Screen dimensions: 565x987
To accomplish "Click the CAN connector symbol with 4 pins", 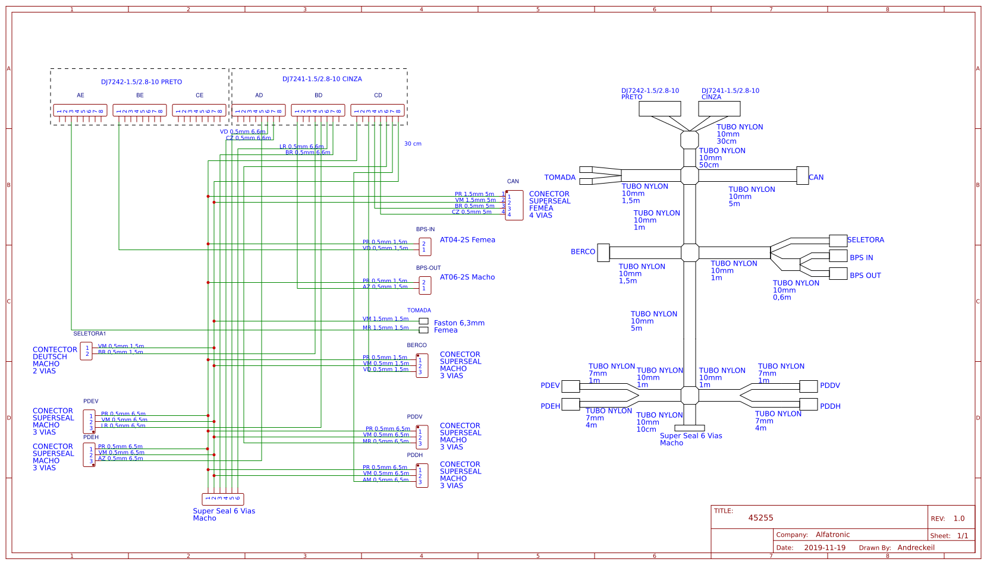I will coord(514,206).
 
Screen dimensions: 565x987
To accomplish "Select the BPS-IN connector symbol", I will coord(425,247).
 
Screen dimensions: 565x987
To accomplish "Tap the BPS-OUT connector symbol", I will coord(425,286).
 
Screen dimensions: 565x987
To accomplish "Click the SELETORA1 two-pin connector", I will coord(86,351).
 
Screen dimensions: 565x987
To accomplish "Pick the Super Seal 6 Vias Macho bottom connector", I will coord(223,499).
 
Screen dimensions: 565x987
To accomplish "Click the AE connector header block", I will coord(80,111).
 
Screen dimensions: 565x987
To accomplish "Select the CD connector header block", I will coord(378,111).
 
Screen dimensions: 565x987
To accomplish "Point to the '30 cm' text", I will coord(413,144).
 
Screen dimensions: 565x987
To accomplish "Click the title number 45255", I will coord(760,518).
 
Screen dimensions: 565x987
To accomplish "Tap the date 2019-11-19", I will coord(825,548).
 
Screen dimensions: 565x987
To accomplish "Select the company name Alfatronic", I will coord(832,535).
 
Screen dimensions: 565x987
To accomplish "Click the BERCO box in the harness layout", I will coord(603,252).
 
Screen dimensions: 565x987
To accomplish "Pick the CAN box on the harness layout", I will coord(803,176).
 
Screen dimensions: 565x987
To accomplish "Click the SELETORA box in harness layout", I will coord(838,241).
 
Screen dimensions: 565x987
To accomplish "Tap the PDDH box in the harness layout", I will coord(809,405).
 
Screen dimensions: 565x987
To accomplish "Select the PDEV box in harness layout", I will coord(571,386).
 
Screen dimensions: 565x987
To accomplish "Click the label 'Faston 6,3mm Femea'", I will coord(458,327).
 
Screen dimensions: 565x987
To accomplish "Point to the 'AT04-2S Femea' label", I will coord(467,240).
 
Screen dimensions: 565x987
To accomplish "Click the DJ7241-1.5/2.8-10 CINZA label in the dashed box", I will coord(322,79).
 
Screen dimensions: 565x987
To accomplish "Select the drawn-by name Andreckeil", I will coord(916,548).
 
